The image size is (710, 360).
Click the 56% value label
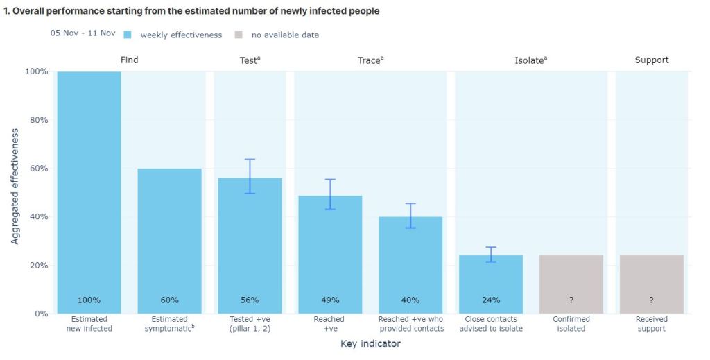pyautogui.click(x=250, y=300)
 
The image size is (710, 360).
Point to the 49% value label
pyautogui.click(x=330, y=300)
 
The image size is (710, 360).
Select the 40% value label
pyautogui.click(x=410, y=300)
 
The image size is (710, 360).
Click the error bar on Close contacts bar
pyautogui.click(x=491, y=254)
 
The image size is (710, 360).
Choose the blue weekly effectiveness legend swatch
pyautogui.click(x=128, y=35)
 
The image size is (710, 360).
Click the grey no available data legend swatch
pyautogui.click(x=239, y=35)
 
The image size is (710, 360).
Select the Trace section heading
pyautogui.click(x=370, y=60)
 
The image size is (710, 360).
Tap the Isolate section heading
pyautogui.click(x=530, y=60)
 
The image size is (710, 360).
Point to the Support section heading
pyautogui.click(x=652, y=60)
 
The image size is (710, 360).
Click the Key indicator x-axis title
pyautogui.click(x=370, y=343)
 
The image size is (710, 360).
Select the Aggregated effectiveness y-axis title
pyautogui.click(x=15, y=186)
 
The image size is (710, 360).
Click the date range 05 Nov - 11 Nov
pyautogui.click(x=83, y=33)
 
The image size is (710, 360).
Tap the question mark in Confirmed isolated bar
pyautogui.click(x=571, y=300)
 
